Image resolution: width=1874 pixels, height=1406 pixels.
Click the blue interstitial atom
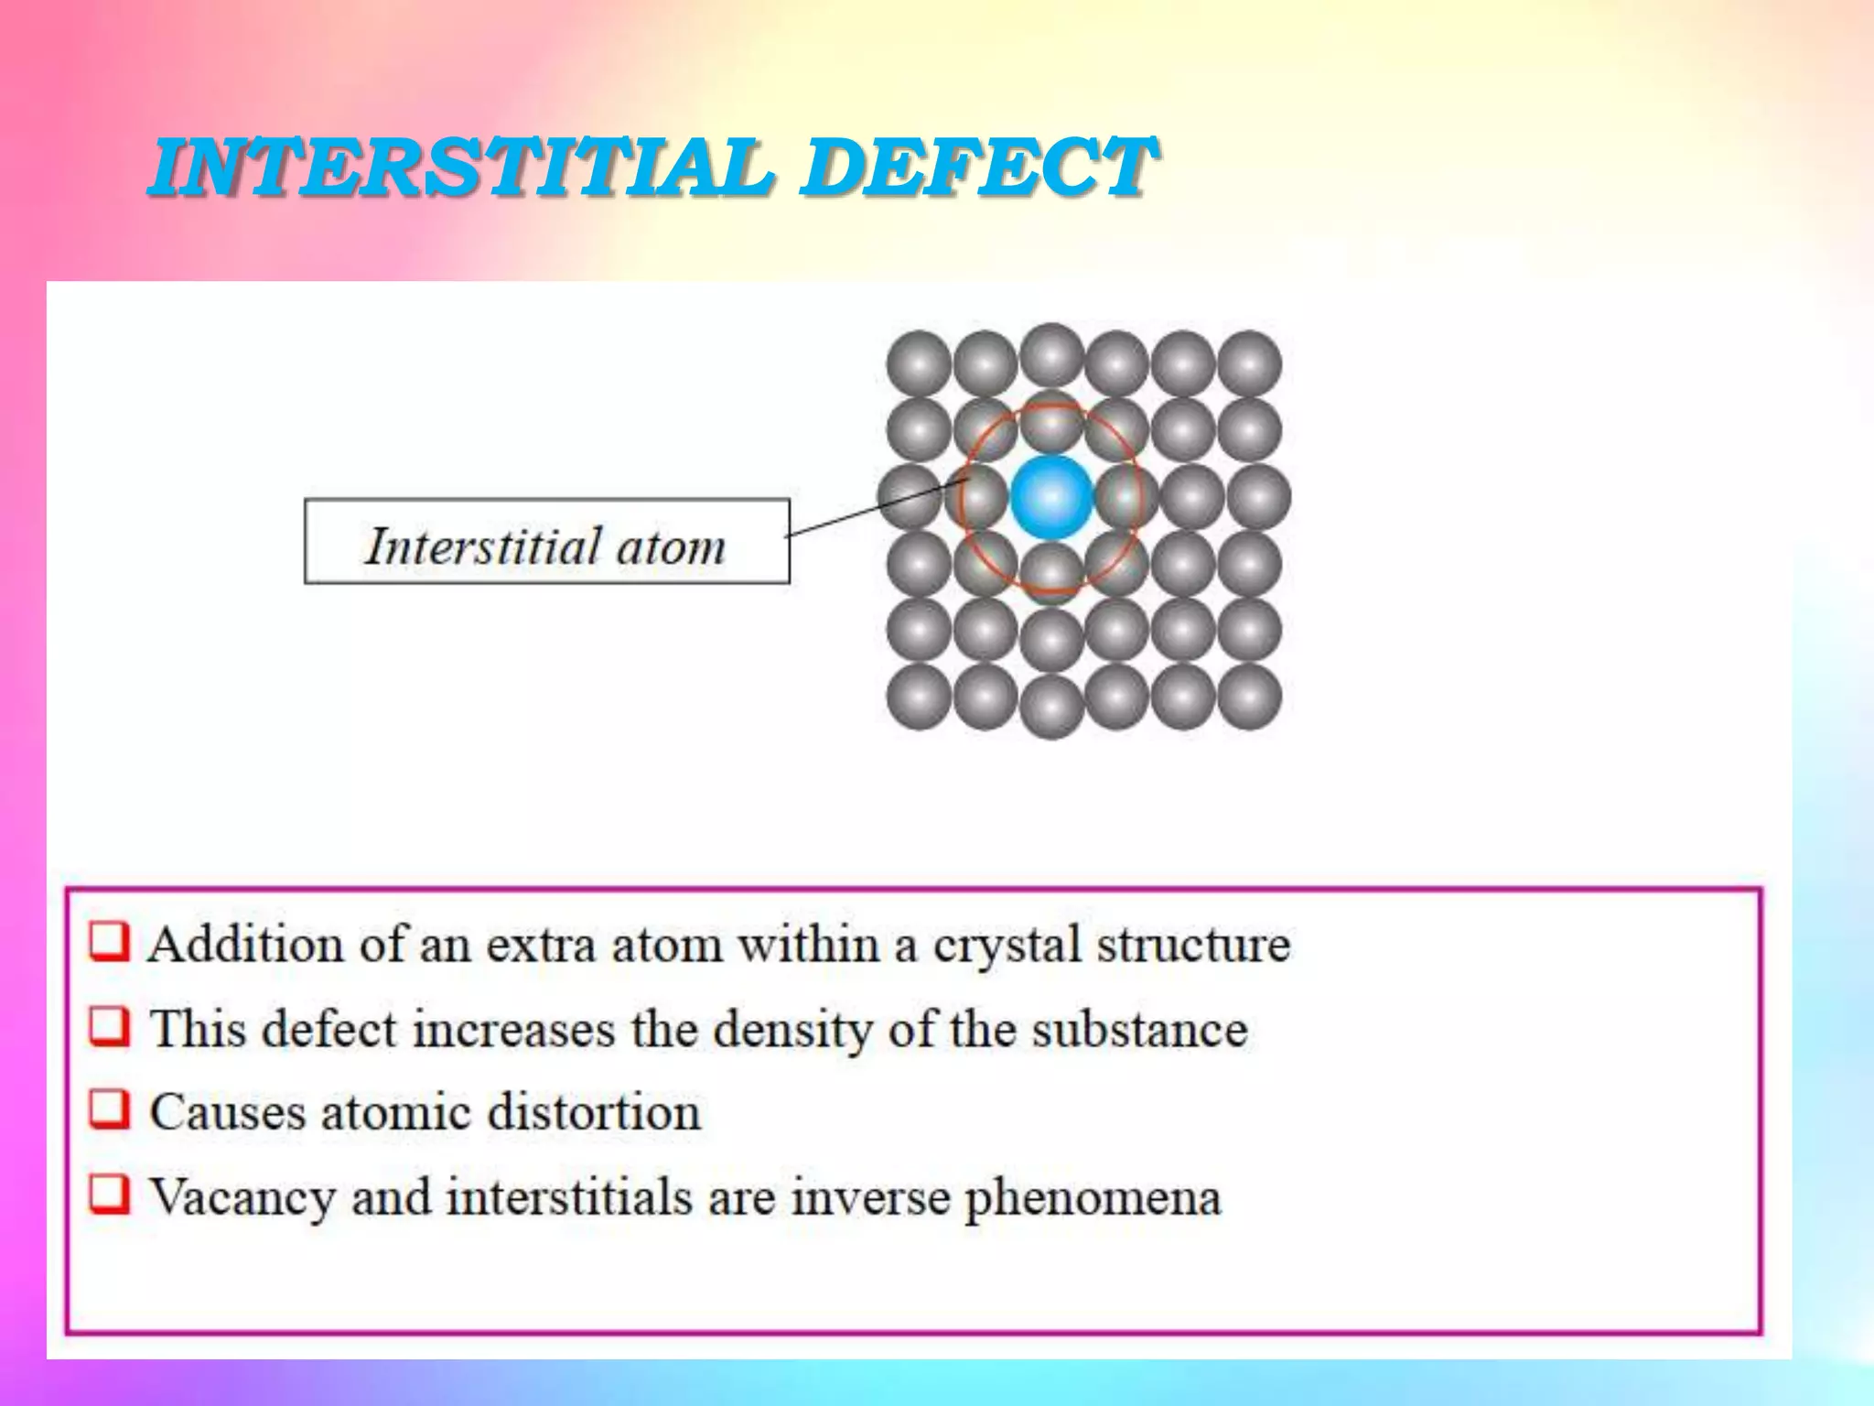coord(1051,497)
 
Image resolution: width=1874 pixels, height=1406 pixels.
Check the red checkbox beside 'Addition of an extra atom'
coord(110,942)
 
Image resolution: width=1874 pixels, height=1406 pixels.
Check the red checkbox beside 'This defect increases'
coord(110,1026)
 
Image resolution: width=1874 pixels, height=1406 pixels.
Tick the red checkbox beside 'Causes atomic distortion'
coord(110,1109)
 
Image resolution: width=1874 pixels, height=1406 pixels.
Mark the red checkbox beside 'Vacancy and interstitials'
coord(110,1194)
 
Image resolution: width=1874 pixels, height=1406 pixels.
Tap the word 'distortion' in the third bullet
coord(594,1112)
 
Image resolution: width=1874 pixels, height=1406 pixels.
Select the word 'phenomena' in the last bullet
coord(1093,1198)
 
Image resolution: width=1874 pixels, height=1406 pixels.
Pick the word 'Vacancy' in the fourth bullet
coord(242,1198)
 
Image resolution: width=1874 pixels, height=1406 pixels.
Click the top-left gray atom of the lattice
coord(919,363)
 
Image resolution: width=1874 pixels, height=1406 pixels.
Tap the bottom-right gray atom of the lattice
coord(1250,697)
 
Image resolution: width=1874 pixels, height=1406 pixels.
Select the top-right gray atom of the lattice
coord(1250,363)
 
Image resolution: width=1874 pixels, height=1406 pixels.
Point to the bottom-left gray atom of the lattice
coord(919,697)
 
